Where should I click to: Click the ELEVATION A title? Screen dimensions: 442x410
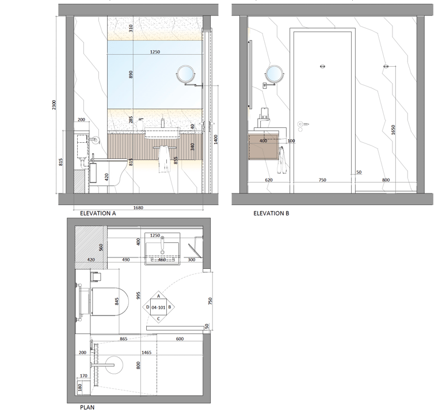[98, 213]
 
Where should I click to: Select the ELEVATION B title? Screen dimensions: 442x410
[271, 213]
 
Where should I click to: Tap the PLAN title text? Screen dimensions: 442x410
[87, 407]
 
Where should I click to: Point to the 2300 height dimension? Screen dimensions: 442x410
[55, 105]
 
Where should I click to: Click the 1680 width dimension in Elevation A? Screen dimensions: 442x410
[138, 208]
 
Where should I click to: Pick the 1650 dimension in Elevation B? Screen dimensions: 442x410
[393, 130]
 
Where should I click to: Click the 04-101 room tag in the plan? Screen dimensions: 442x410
[158, 307]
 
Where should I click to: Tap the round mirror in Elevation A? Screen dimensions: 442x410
[184, 73]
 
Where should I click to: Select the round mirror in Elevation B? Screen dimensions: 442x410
[274, 73]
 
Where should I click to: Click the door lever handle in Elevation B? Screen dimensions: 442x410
[303, 124]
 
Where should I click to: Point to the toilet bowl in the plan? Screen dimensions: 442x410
[110, 302]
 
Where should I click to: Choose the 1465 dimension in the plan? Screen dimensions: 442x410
[147, 352]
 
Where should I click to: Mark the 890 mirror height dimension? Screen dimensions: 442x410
[131, 74]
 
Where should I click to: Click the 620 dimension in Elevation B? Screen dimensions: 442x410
[269, 180]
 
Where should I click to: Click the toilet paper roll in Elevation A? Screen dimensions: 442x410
[96, 140]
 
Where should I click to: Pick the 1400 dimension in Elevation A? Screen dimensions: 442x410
[216, 139]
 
